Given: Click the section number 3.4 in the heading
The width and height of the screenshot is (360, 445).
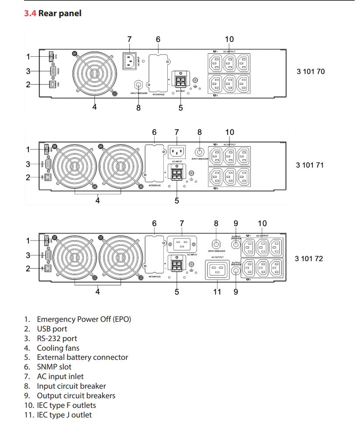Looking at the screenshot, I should (x=30, y=14).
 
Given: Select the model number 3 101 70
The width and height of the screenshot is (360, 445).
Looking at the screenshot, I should (x=311, y=71).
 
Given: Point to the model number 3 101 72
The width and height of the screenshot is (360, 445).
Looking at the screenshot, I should (x=309, y=259).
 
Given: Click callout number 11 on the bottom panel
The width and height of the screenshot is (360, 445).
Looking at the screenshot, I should (x=217, y=292).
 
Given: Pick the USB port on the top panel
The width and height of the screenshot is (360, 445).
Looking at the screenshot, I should (x=52, y=85).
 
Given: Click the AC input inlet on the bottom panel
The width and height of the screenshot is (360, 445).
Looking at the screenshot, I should (x=182, y=244).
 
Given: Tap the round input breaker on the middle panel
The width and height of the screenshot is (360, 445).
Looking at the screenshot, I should (x=200, y=152).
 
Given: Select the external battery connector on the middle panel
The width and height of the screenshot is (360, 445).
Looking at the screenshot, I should (x=177, y=173).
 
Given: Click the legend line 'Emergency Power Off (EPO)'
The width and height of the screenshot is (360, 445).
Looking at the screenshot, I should (x=83, y=319).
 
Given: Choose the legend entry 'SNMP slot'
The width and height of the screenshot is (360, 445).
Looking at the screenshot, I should (x=54, y=367).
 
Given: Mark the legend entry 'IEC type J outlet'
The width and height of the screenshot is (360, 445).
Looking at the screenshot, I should (x=64, y=415).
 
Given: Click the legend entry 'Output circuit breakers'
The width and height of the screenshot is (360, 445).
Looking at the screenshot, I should (x=76, y=396).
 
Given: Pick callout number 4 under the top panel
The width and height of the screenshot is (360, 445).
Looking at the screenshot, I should (x=94, y=107).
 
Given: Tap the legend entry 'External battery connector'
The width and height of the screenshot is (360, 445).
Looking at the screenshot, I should (x=82, y=357).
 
